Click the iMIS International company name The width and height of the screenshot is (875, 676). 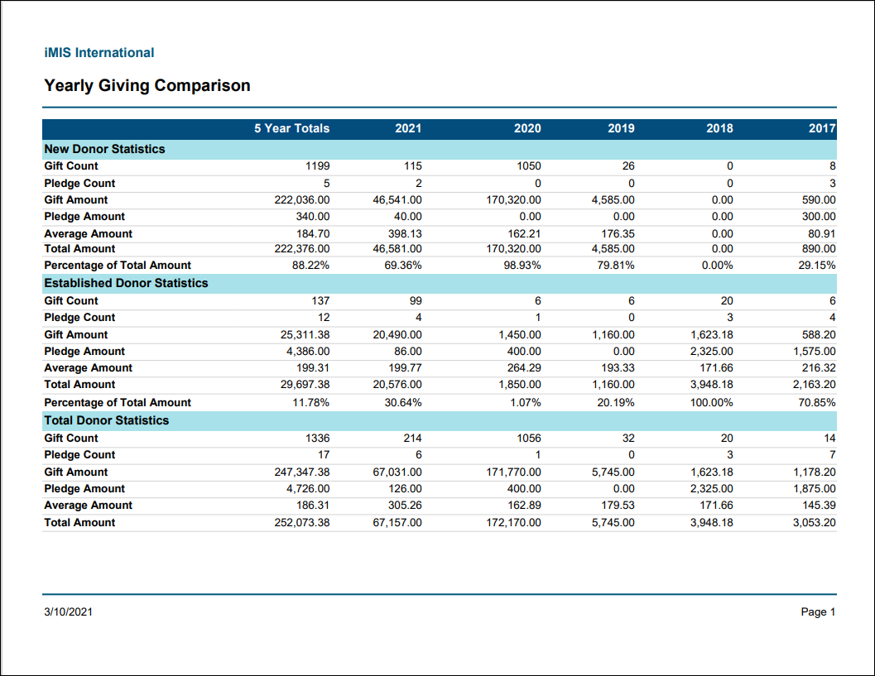point(99,52)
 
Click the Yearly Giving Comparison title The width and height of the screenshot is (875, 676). point(147,85)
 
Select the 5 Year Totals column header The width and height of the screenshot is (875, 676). point(292,128)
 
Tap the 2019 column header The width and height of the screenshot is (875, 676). point(621,128)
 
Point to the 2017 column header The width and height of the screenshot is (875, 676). point(822,128)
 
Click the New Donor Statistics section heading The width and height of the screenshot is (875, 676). point(104,149)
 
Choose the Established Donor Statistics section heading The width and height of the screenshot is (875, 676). point(126,283)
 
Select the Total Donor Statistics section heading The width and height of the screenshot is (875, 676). point(107,420)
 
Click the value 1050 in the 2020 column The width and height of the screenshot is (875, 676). point(528,165)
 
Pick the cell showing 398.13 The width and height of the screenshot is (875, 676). point(405,233)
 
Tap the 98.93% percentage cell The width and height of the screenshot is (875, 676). point(522,265)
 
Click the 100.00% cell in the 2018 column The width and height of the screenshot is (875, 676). point(711,402)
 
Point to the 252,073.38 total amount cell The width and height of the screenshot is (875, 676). point(302,523)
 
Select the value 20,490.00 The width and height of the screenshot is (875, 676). point(397,334)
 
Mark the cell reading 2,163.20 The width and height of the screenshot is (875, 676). point(815,384)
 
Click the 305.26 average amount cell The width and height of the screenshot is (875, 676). point(405,505)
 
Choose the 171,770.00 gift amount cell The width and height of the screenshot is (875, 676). point(513,472)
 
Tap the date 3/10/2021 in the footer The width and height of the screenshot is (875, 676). point(68,611)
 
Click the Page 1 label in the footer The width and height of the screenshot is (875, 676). point(818,611)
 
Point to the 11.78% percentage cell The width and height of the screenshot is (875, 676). point(310,402)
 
